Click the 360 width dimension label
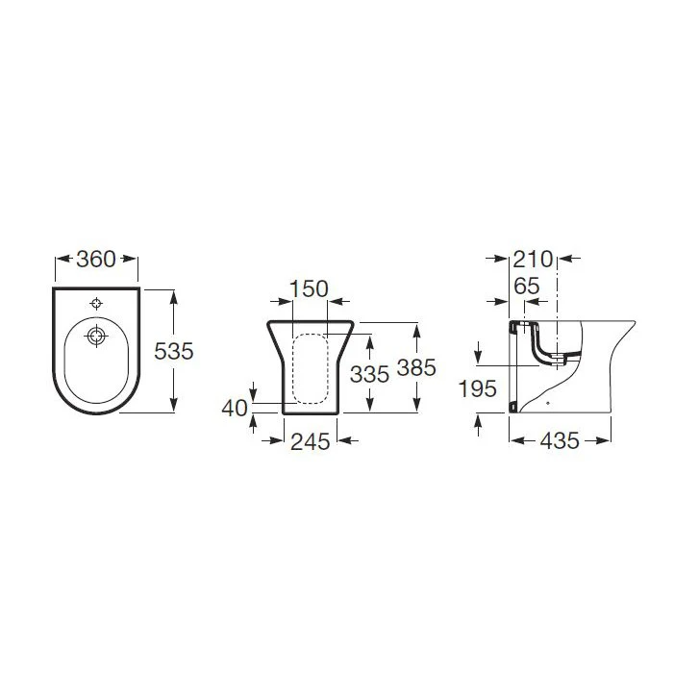(x=96, y=260)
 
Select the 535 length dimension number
(x=174, y=351)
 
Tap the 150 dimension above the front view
(x=309, y=288)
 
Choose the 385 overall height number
(x=416, y=367)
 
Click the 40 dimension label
(x=236, y=408)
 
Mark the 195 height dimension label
(x=478, y=389)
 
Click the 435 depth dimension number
(x=560, y=440)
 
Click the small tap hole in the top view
(x=95, y=303)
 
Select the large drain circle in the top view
(x=95, y=337)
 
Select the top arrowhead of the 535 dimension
(x=174, y=294)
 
